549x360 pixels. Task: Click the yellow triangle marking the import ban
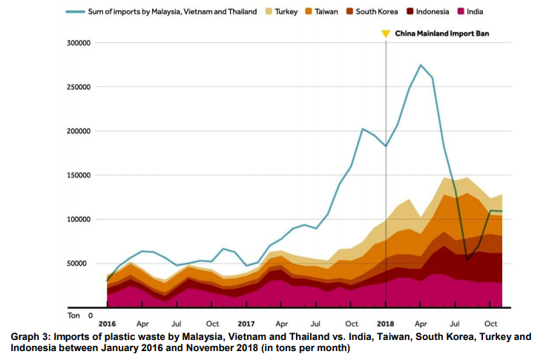click(386, 33)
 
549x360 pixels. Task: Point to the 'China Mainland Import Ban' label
click(442, 33)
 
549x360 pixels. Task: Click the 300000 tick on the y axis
click(78, 43)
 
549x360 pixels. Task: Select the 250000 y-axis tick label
click(78, 87)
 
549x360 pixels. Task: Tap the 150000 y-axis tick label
click(78, 175)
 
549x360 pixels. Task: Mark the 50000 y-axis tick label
click(80, 264)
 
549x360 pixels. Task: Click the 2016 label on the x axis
click(108, 324)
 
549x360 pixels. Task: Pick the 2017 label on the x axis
click(247, 324)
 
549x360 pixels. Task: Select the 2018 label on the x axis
click(386, 324)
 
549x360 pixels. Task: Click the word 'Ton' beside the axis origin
click(73, 315)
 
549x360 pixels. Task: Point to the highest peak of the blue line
click(421, 65)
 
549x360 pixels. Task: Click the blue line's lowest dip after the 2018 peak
click(467, 260)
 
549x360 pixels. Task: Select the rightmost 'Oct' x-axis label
click(490, 324)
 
